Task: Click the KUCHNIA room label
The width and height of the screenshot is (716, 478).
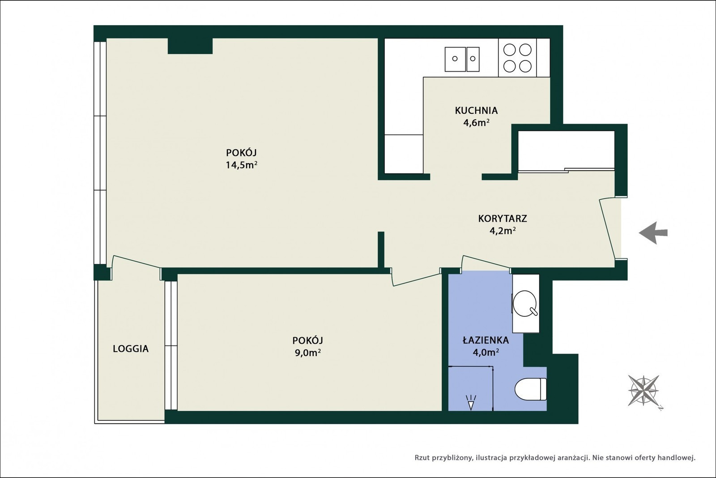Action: click(476, 110)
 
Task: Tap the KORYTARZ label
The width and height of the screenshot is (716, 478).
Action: click(503, 219)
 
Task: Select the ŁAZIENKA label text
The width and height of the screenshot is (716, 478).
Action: click(486, 340)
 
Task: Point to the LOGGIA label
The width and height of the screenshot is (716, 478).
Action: click(131, 349)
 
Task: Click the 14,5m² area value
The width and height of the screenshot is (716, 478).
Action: click(242, 165)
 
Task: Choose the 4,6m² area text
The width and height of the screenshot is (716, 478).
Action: click(476, 123)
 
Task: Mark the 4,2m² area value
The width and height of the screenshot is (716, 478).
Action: click(503, 231)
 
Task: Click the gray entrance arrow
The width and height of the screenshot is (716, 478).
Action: click(653, 233)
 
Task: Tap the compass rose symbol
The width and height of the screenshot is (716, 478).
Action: click(644, 391)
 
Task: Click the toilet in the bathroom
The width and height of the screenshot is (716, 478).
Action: click(531, 389)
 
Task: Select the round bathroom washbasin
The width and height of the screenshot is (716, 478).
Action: click(525, 303)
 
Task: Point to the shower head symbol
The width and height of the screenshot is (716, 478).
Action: click(471, 402)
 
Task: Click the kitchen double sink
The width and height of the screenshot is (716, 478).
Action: click(462, 59)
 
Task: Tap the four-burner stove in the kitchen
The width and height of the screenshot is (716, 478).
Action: click(517, 58)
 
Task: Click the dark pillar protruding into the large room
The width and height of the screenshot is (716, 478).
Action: click(190, 46)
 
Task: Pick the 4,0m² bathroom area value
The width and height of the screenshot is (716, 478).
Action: click(486, 352)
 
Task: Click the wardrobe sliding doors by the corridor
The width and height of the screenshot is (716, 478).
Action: click(566, 170)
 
